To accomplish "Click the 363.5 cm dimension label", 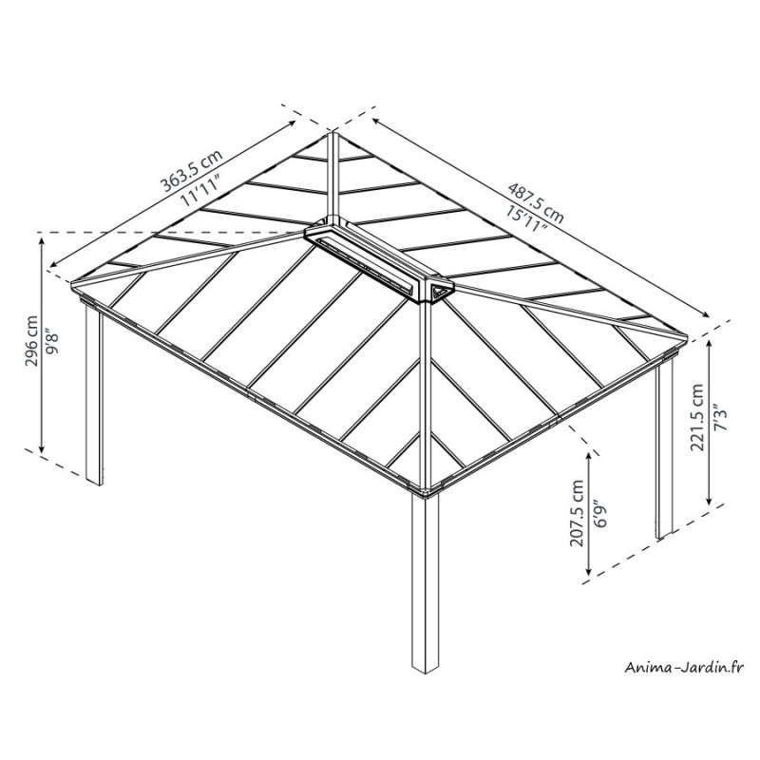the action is [x=192, y=170].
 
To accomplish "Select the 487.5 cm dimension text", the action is [x=536, y=202].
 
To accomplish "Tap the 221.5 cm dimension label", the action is [x=697, y=417].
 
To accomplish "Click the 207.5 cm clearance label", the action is [x=577, y=513].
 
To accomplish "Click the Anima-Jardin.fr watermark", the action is [x=683, y=668].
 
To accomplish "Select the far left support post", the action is [x=94, y=393].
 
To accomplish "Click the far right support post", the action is [x=664, y=449].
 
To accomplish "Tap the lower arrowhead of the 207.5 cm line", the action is [x=589, y=573].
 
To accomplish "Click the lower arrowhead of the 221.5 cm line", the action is [x=710, y=502].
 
